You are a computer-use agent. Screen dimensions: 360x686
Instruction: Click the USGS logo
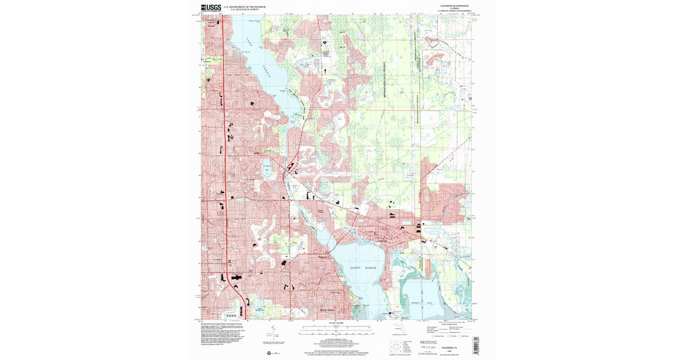pyautogui.click(x=211, y=8)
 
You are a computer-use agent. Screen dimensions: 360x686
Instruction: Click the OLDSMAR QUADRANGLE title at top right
pyautogui.click(x=454, y=5)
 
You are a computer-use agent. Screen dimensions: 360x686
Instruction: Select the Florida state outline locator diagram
pyautogui.click(x=398, y=330)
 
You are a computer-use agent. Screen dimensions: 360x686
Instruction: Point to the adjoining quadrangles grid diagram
pyautogui.click(x=395, y=346)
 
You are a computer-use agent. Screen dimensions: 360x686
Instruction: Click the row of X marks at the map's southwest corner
pyautogui.click(x=231, y=314)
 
